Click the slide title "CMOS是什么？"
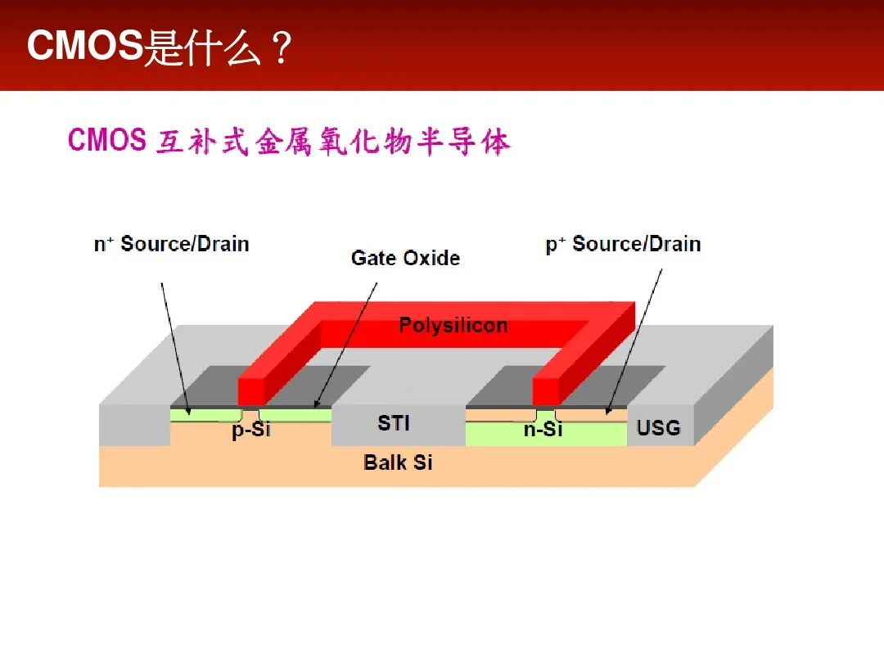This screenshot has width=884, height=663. pyautogui.click(x=160, y=47)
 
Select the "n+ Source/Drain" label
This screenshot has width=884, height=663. pyautogui.click(x=171, y=244)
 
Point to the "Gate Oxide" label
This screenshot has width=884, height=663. pyautogui.click(x=405, y=258)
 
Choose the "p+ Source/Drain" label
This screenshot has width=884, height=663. pyautogui.click(x=623, y=244)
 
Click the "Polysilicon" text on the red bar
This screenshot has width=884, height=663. pyautogui.click(x=453, y=325)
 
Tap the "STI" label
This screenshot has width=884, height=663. pyautogui.click(x=394, y=423)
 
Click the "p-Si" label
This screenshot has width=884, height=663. pyautogui.click(x=251, y=429)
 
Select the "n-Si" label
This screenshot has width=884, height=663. pyautogui.click(x=543, y=428)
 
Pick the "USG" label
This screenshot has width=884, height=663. pyautogui.click(x=658, y=427)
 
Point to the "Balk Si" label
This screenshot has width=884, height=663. pyautogui.click(x=398, y=462)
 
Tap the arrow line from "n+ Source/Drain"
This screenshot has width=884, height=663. pyautogui.click(x=174, y=344)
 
